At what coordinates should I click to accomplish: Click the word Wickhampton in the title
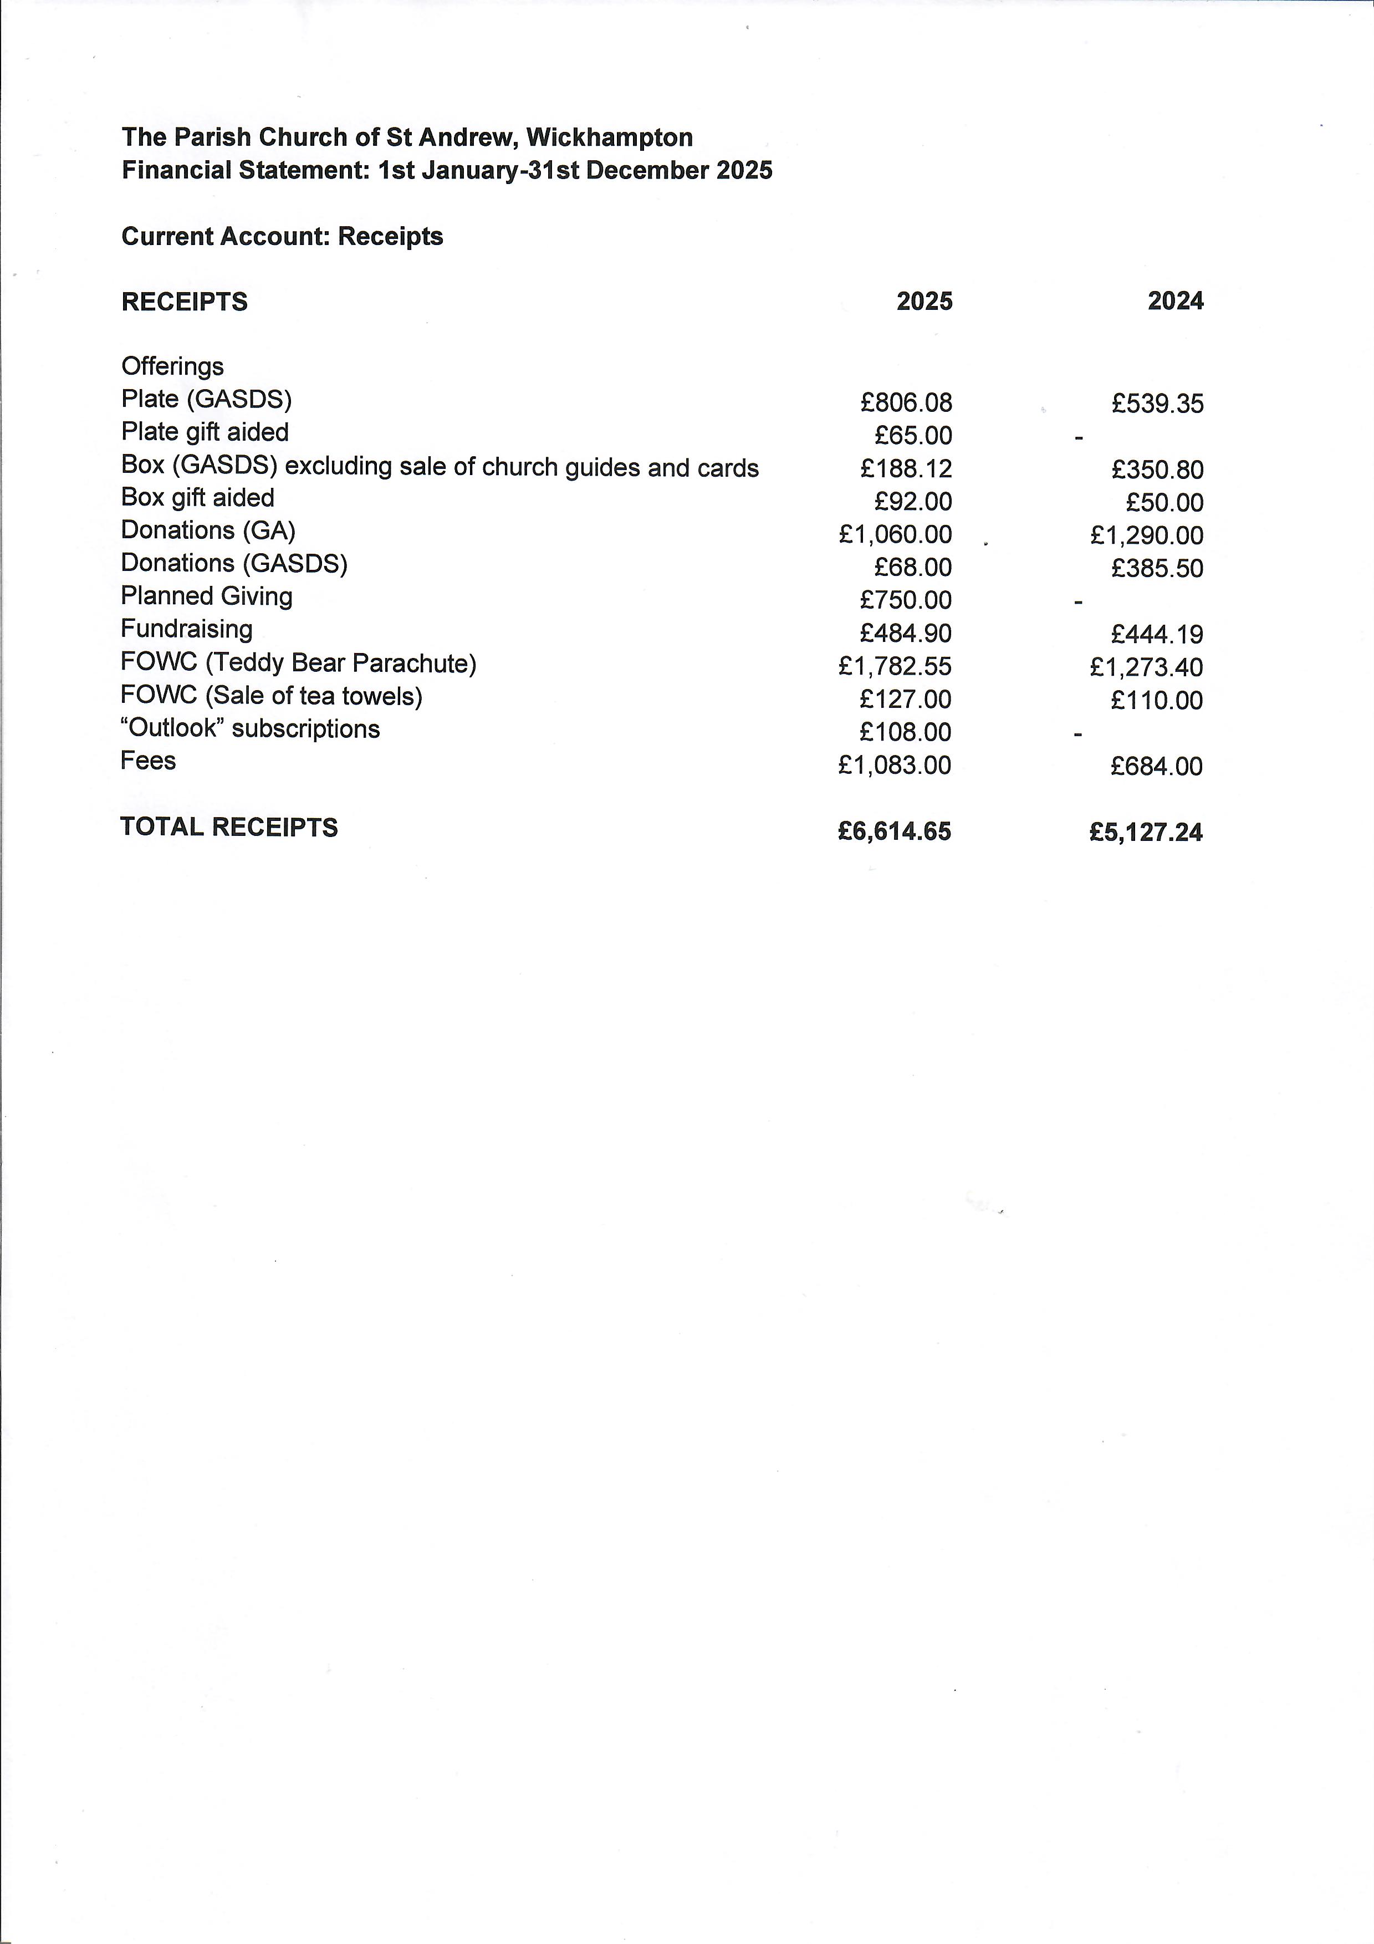coord(609,137)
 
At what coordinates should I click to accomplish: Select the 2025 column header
coord(924,302)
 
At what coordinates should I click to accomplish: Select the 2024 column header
coord(1175,302)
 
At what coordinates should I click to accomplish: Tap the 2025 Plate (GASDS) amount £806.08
coord(906,403)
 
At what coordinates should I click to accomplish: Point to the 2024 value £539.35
coord(1157,404)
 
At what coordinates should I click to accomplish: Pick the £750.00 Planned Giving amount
coord(906,600)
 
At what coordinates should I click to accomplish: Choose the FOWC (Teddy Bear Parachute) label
coord(298,663)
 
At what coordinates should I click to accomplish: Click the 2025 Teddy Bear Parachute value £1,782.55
coord(895,666)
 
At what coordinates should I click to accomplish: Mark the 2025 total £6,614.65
coord(895,831)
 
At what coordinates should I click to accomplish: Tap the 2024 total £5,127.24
coord(1146,832)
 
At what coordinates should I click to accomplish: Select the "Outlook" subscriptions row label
coord(251,729)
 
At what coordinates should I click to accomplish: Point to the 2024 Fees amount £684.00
coord(1156,766)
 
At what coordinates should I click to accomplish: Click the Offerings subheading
coord(173,366)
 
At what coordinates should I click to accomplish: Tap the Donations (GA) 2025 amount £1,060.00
coord(895,535)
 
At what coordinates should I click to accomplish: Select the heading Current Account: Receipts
coord(282,236)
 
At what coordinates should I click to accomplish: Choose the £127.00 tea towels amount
coord(906,700)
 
